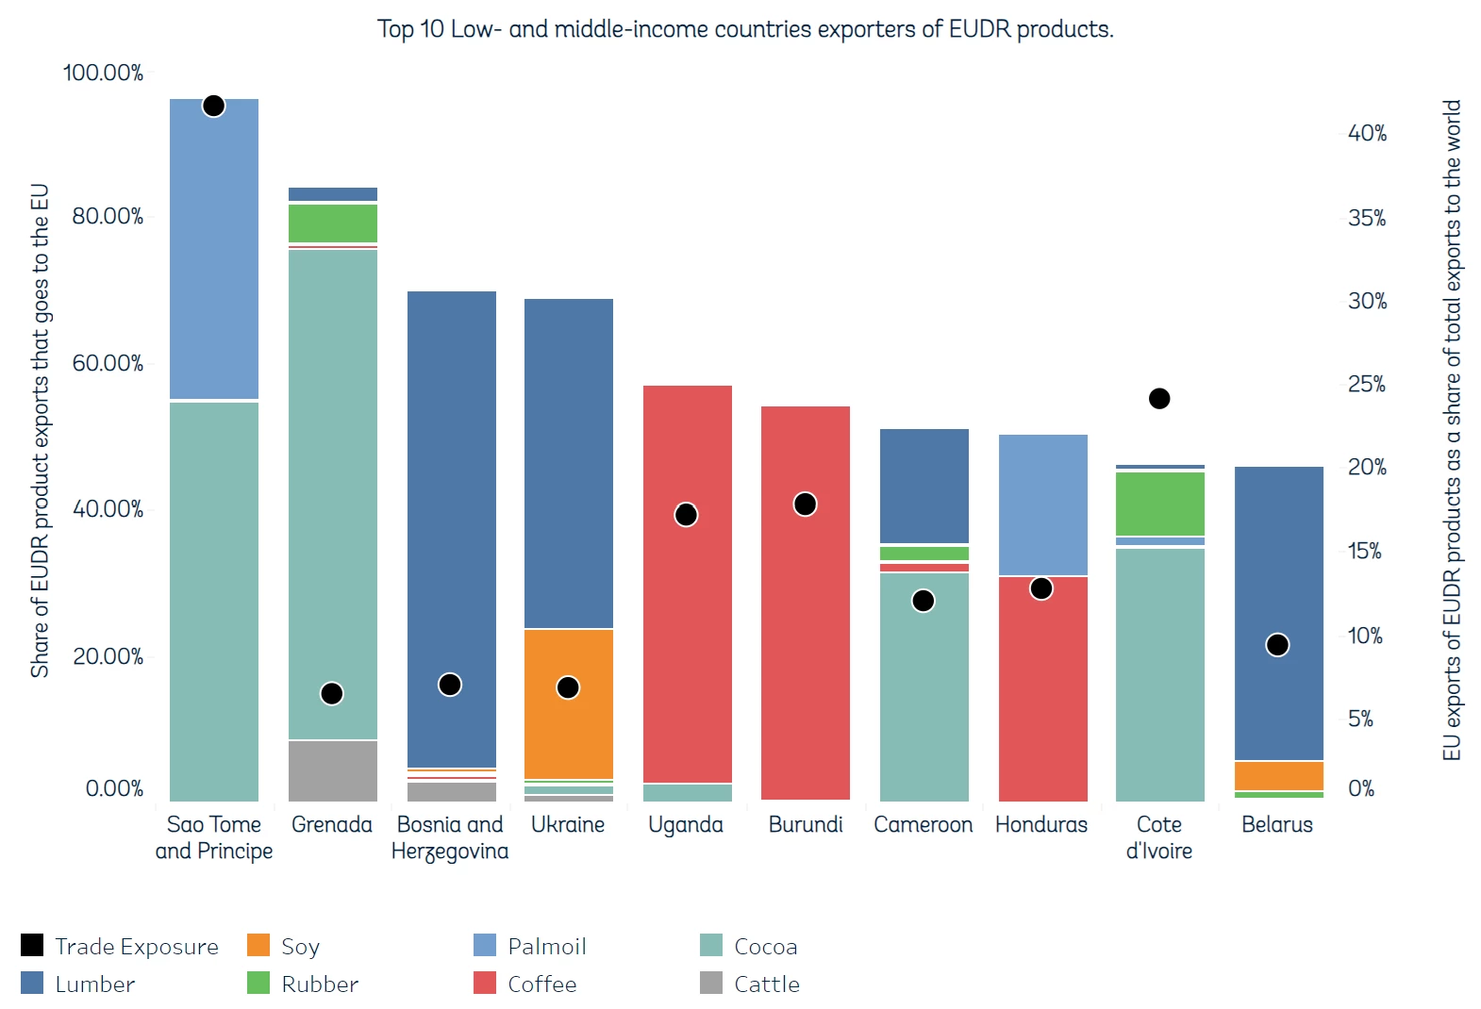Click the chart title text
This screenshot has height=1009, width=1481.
pos(745,29)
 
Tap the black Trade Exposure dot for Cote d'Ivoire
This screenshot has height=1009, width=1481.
pos(1159,399)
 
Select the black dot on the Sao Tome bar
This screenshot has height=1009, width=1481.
pos(214,106)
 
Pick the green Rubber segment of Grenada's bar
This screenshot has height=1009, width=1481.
pos(332,223)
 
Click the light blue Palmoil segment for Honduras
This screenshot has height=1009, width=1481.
pos(1042,504)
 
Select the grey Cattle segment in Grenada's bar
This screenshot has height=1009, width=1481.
pos(332,770)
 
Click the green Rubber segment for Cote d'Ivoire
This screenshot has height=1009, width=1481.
pos(1159,504)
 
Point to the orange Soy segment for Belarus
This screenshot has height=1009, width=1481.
pos(1278,775)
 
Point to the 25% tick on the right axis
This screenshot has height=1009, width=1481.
pos(1366,384)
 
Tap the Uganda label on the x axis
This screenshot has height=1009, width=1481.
pos(686,824)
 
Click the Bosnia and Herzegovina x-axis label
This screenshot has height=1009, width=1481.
pos(450,837)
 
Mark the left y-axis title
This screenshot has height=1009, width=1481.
pos(39,430)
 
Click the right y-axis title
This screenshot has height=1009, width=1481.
pos(1451,430)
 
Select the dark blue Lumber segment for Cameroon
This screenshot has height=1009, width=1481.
pos(924,486)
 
